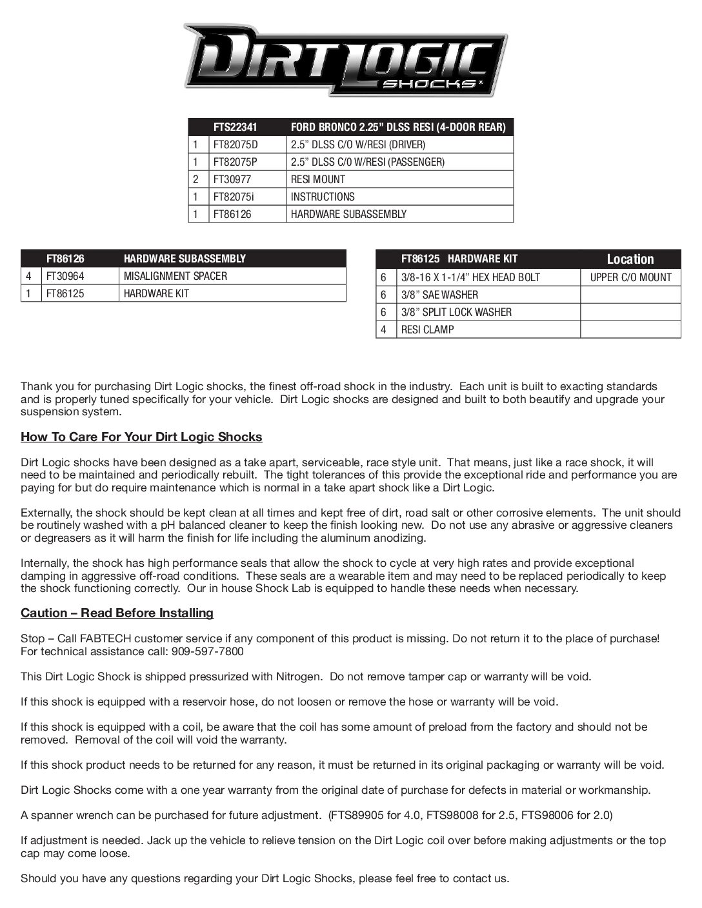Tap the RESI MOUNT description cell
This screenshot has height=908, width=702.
click(318, 179)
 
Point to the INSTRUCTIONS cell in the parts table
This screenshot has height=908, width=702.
click(323, 197)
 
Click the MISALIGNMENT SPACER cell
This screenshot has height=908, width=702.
click(175, 276)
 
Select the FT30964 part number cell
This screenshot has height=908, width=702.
click(65, 276)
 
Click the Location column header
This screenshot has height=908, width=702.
click(630, 259)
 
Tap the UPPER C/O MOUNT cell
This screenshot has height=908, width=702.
click(630, 277)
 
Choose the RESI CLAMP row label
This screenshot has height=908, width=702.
click(427, 330)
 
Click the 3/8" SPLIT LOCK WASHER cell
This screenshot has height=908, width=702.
click(456, 312)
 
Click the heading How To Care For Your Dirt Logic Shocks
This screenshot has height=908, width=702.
click(141, 437)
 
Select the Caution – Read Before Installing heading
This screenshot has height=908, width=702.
click(117, 613)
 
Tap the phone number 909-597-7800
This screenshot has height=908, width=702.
click(208, 651)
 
